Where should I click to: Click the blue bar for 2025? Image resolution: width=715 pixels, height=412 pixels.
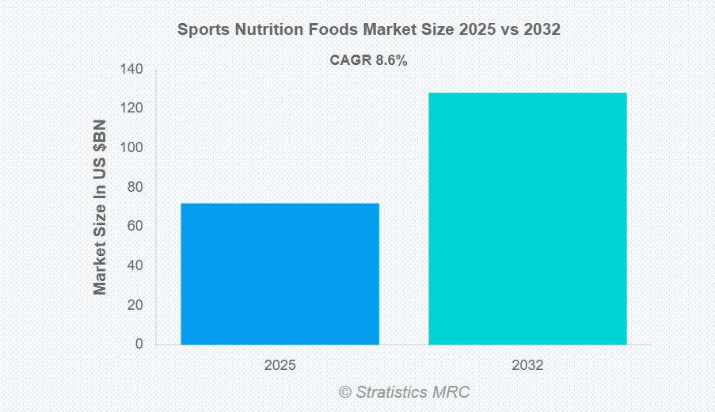[x=280, y=273]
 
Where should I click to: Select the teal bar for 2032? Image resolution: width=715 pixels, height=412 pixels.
[x=527, y=219]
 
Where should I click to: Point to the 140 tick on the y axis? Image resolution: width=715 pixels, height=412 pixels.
[x=132, y=70]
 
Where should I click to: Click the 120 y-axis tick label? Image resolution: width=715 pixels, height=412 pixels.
[x=132, y=109]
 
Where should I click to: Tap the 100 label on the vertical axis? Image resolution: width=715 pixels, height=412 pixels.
[x=132, y=148]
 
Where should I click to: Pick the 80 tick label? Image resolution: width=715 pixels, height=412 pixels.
[x=135, y=187]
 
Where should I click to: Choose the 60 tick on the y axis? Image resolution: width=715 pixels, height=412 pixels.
[x=135, y=227]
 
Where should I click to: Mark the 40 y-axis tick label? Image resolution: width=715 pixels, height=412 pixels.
[x=135, y=265]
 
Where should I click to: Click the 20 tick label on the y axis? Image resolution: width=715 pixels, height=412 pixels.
[x=135, y=305]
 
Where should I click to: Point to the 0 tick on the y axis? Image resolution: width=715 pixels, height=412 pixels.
[x=139, y=344]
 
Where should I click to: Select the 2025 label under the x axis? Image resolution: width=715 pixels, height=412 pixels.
[x=280, y=366]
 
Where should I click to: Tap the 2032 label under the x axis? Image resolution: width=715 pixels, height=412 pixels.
[x=527, y=366]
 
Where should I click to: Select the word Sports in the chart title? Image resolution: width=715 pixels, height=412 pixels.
[x=201, y=30]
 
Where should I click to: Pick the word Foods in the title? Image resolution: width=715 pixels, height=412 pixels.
[x=327, y=30]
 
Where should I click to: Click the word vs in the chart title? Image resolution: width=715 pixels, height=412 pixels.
[x=511, y=30]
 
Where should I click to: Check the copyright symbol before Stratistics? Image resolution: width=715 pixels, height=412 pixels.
[x=345, y=392]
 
